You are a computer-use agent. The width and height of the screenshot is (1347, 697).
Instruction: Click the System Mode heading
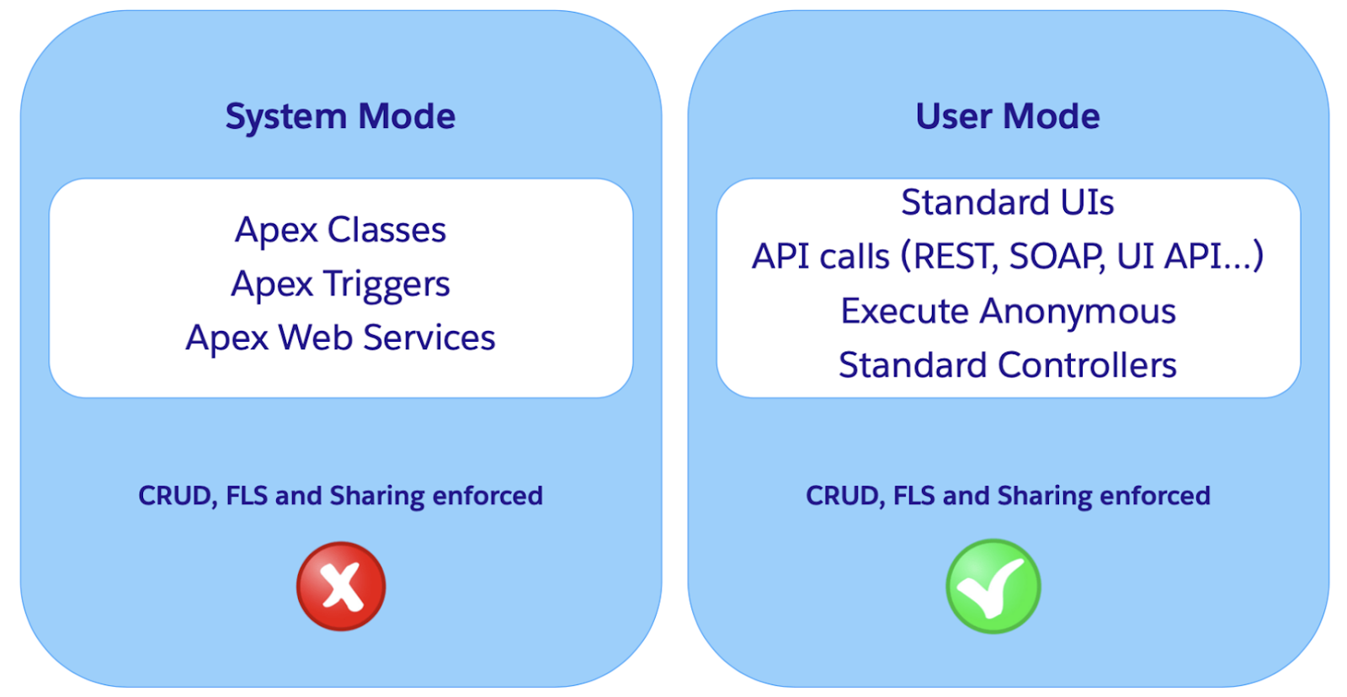[x=340, y=117]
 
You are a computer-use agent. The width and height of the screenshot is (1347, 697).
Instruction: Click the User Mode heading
[x=1008, y=116]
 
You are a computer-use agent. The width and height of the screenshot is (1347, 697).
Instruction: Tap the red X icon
[x=341, y=587]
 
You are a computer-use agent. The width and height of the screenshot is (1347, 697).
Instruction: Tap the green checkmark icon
[x=993, y=587]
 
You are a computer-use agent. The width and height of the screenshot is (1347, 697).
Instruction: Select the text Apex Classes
[x=340, y=231]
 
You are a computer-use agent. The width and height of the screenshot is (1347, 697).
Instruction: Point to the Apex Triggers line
[x=340, y=285]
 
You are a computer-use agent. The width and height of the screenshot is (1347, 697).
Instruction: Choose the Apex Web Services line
[x=340, y=338]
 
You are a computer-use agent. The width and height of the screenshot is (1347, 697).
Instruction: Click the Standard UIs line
[x=1008, y=202]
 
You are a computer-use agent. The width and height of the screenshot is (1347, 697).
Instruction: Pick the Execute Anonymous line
[x=1008, y=311]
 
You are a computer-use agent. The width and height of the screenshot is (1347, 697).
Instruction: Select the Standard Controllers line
[x=1008, y=365]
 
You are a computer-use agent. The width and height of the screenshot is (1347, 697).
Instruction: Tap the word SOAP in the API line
[x=1057, y=257]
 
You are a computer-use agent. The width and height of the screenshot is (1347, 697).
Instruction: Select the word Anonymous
[x=1078, y=312]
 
